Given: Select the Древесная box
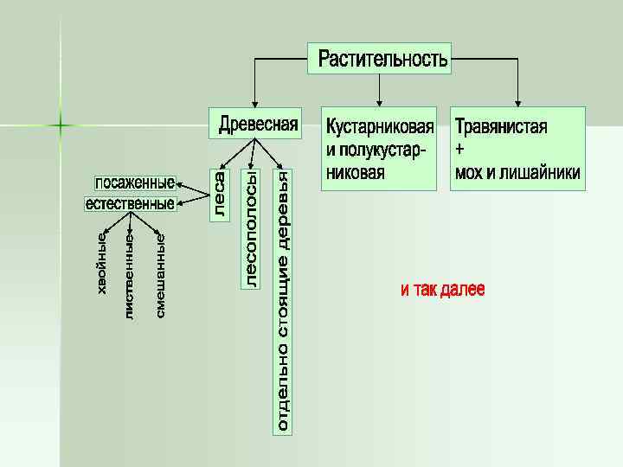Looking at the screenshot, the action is coord(258,124).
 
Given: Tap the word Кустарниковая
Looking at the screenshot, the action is coord(379,127).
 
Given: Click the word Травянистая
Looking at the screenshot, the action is coord(501,127).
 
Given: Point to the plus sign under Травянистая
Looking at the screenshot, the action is coord(459,150).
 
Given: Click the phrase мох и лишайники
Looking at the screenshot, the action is coord(517,172).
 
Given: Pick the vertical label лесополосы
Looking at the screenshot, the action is coord(251,227).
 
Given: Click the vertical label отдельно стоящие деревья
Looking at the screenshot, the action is coord(283,300).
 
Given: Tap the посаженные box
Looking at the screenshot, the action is coord(134,183).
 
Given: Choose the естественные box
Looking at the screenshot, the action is coord(130,204).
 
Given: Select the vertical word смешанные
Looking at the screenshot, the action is coord(160,272).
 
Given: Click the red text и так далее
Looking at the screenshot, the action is coord(442,290).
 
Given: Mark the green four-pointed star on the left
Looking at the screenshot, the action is coord(61,126).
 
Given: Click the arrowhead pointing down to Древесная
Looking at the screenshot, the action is coord(254,101).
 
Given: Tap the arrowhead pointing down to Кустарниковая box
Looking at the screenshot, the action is coord(379,101).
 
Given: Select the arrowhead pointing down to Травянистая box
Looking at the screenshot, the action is coord(518,101).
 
